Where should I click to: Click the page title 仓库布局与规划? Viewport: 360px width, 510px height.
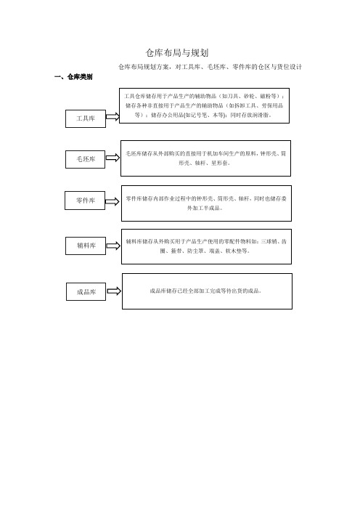177,53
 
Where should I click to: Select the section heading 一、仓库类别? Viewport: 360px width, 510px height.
73,77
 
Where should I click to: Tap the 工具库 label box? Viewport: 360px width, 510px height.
86,118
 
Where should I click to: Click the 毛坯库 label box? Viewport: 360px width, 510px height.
85,159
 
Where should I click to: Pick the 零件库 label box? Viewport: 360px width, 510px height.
85,201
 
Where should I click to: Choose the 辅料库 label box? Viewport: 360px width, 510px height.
86,246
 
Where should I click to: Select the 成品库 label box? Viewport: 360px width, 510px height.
86,292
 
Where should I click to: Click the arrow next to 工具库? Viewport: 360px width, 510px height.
112,116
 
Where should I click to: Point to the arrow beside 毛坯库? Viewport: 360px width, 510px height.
112,158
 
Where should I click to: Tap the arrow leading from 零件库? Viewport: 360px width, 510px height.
112,201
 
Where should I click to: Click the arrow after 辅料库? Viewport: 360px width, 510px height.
113,246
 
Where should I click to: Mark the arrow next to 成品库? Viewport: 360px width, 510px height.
114,291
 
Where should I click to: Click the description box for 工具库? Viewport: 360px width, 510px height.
204,106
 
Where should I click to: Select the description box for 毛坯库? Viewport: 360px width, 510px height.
205,158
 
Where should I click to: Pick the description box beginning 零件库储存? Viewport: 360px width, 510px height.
206,203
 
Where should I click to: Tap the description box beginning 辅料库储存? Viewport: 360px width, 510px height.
206,246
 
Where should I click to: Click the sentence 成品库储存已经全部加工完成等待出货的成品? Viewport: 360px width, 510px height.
205,291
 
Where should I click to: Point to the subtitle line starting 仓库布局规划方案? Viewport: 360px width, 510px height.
210,67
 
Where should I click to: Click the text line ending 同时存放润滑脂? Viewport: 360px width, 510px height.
203,115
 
